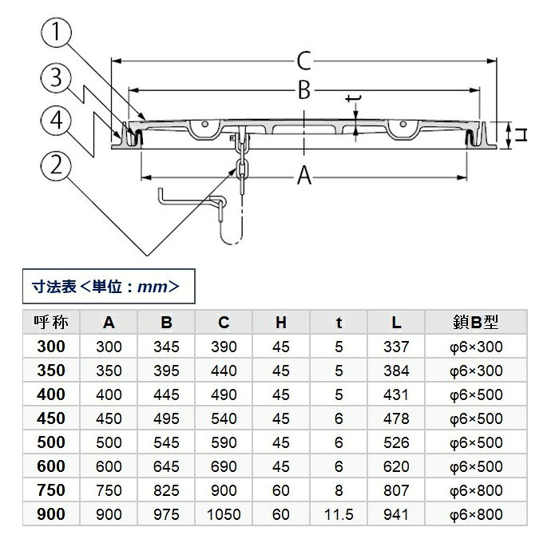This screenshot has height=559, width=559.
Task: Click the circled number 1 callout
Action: (x=57, y=32)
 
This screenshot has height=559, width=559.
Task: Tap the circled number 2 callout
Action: (x=57, y=166)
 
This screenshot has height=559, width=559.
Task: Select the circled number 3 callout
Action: (x=57, y=77)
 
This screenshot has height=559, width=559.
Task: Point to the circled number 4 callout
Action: (x=57, y=121)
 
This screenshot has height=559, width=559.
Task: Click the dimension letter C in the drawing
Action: (x=304, y=61)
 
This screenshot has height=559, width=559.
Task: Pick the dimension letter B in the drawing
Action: (x=304, y=90)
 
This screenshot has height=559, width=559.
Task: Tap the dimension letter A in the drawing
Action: (x=304, y=176)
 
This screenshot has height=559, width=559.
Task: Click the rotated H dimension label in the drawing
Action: (x=521, y=136)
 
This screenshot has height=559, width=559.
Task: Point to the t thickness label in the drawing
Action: (x=354, y=98)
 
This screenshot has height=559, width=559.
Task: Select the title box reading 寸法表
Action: (x=109, y=286)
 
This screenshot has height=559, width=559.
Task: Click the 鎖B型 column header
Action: (x=476, y=323)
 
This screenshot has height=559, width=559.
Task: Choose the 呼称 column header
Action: (x=51, y=323)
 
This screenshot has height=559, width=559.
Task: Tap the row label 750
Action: (x=51, y=490)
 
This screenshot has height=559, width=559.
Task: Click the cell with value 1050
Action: (x=224, y=514)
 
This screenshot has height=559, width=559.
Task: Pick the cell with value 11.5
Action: (x=339, y=514)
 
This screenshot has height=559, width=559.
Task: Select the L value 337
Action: (x=396, y=347)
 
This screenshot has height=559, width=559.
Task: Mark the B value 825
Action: (x=166, y=490)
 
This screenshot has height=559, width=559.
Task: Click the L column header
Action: (x=396, y=323)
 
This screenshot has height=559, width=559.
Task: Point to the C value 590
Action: (x=224, y=442)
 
